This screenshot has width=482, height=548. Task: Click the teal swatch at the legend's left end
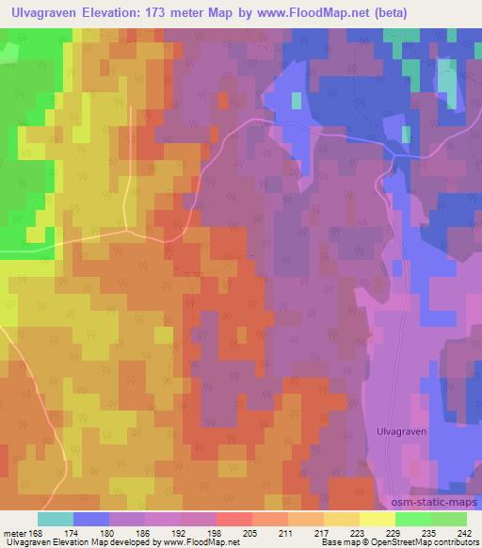(x=56, y=519)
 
